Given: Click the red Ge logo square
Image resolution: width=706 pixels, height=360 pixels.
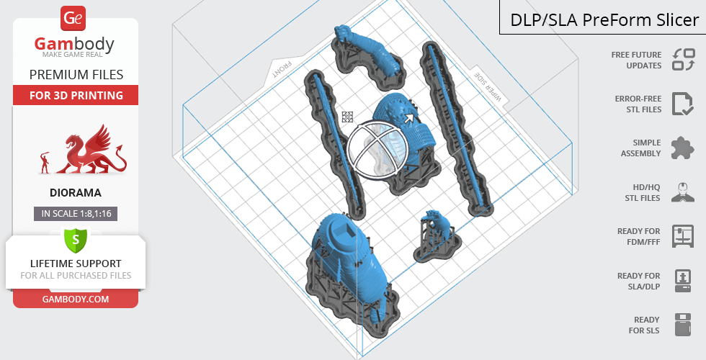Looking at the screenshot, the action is point(73,19).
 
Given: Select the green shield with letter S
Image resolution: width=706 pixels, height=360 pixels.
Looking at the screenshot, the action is point(76,240).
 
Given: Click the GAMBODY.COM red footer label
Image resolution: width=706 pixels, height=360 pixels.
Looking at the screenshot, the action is point(76,300).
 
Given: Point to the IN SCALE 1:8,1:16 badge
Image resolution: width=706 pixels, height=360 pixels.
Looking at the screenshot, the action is point(76,214).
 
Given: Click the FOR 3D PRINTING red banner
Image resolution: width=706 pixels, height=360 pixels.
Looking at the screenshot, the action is point(76,95).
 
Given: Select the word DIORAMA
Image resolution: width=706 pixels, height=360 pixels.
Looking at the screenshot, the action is point(76,193).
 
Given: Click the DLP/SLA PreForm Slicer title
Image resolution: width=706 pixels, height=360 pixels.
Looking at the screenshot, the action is point(604,20).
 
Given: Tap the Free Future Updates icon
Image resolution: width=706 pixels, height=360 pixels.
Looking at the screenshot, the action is point(684,59).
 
